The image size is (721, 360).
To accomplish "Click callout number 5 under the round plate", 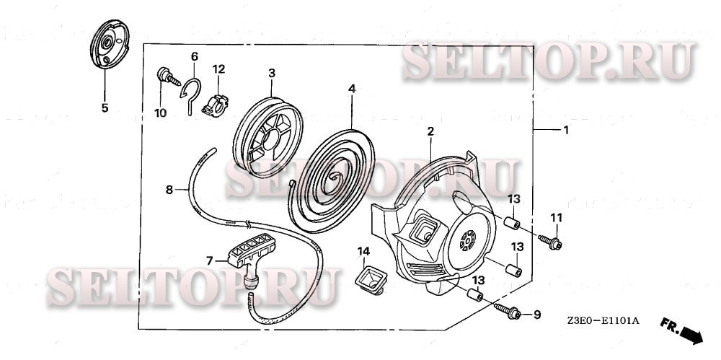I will (x=105, y=108).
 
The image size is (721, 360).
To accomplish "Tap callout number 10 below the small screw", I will (x=160, y=113).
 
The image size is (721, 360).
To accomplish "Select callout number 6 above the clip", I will (x=194, y=56).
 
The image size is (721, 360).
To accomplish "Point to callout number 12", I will (x=218, y=69).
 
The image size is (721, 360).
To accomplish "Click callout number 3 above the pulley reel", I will (x=272, y=73).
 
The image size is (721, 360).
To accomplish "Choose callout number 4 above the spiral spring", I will (x=352, y=89).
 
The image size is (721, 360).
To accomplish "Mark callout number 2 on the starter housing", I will (x=430, y=131).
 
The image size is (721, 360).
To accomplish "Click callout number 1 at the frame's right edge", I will (x=565, y=131).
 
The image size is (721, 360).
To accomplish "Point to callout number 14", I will (x=363, y=251).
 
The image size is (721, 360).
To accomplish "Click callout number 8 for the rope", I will (x=169, y=190).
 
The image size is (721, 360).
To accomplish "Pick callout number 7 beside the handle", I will (x=210, y=260).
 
